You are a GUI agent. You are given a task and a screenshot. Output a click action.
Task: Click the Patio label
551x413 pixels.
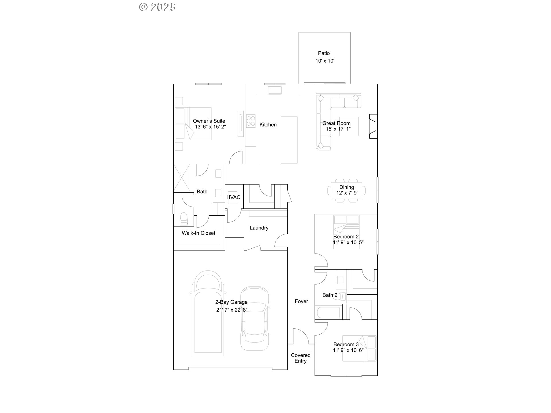click(324, 53)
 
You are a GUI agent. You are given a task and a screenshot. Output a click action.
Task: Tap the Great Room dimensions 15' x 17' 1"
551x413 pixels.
click(338, 129)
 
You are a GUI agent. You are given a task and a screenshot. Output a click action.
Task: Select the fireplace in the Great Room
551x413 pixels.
click(373, 126)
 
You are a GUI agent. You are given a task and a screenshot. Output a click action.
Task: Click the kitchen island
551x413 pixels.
click(289, 140)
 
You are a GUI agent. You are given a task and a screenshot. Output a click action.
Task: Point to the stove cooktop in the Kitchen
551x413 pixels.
click(251, 120)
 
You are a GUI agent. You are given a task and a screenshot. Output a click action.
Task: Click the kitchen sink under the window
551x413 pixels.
click(275, 91)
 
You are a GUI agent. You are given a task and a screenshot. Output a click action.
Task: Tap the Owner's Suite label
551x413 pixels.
click(209, 121)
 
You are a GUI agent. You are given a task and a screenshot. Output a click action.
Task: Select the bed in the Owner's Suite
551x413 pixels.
click(194, 124)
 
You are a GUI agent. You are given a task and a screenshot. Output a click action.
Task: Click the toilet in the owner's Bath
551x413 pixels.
click(183, 219)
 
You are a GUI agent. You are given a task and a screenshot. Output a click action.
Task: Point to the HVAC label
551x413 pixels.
click(233, 197)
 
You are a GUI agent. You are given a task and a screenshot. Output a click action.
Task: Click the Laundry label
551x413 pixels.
click(259, 228)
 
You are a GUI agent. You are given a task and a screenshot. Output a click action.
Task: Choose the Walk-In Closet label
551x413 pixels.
click(198, 233)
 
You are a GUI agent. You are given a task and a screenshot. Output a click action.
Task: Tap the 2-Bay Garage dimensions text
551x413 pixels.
click(232, 310)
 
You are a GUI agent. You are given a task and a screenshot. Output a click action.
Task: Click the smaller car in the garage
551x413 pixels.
click(255, 318)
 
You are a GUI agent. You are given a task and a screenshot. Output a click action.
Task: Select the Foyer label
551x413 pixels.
click(301, 301)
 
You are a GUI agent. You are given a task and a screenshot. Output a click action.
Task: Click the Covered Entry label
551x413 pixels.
click(300, 358)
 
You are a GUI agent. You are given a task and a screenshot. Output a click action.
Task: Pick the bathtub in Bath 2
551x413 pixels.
click(329, 313)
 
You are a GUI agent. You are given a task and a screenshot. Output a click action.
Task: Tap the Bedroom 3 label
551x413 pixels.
click(346, 344)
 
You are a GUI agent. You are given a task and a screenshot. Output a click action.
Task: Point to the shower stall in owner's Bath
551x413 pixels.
click(182, 177)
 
